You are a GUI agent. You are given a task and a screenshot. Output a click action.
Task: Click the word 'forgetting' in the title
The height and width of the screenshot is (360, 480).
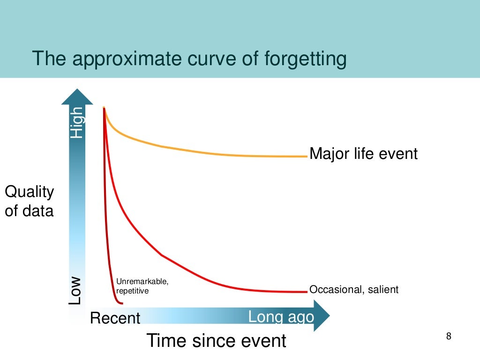[x=305, y=60]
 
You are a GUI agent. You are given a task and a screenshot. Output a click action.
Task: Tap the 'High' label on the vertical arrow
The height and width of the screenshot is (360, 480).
[x=76, y=122]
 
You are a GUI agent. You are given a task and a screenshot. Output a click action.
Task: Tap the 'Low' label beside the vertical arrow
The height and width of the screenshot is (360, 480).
[x=76, y=291]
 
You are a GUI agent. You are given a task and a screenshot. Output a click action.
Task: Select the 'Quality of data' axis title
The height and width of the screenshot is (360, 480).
[x=29, y=201]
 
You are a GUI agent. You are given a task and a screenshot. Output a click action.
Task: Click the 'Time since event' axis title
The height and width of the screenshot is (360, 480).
[x=216, y=340]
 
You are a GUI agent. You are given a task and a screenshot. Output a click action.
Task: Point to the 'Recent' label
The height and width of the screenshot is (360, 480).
[x=115, y=318]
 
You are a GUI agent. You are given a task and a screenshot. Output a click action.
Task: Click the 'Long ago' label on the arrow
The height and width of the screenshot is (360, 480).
[x=281, y=317]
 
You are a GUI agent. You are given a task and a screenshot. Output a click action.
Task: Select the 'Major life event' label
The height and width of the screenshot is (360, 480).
[x=363, y=153]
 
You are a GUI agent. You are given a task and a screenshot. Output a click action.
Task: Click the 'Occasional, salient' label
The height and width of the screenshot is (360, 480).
[x=354, y=290]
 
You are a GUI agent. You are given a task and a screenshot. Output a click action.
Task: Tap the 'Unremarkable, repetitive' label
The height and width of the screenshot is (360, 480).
[x=142, y=286]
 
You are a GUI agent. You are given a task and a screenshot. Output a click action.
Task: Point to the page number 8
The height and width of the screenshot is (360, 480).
[x=449, y=336]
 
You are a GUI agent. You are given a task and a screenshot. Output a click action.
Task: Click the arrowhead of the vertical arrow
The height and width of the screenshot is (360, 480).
[x=77, y=96]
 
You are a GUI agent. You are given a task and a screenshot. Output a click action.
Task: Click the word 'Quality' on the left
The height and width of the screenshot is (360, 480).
[x=29, y=192]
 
